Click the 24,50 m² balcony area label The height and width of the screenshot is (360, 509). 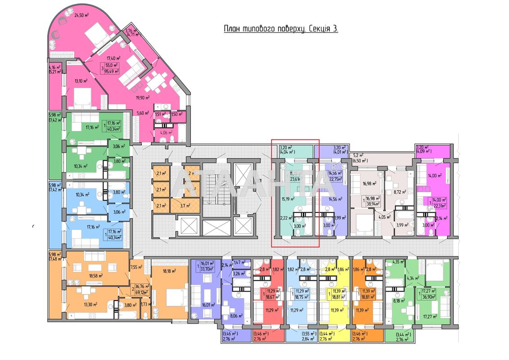pyautogui.click(x=81, y=15)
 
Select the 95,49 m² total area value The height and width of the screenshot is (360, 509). pyautogui.click(x=112, y=71)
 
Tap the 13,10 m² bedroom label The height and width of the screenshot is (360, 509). pyautogui.click(x=81, y=81)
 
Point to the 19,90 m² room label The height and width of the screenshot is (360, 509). pyautogui.click(x=143, y=97)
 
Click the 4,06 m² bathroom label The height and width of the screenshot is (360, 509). pyautogui.click(x=161, y=132)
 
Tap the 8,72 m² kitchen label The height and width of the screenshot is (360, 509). pyautogui.click(x=401, y=192)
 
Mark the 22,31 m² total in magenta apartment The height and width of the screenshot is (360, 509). pyautogui.click(x=440, y=206)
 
